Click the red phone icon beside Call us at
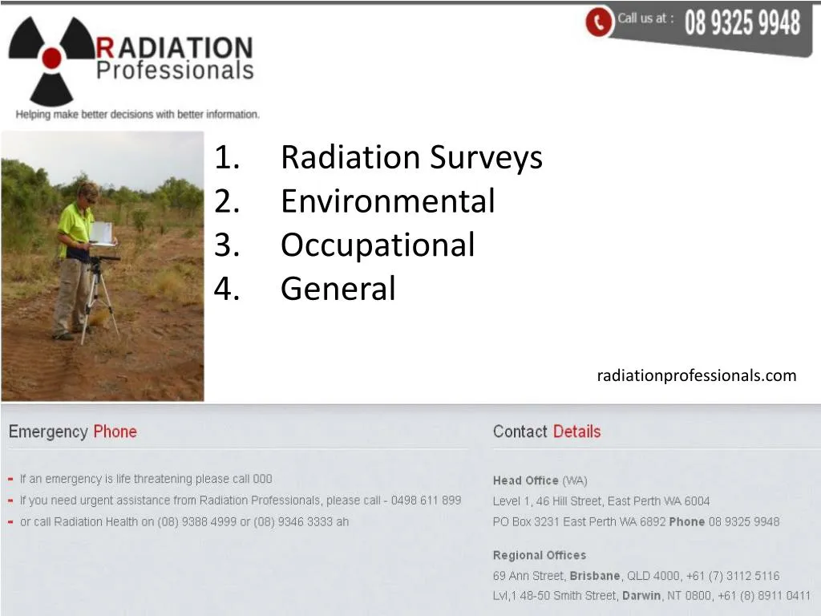coord(598,22)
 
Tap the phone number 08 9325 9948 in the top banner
coord(742,23)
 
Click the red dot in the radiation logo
coord(52,57)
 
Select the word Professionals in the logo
coord(175,71)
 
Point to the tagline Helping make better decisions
coord(137,115)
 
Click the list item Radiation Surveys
coord(411,157)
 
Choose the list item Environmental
coord(387,201)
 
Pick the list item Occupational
coord(378,245)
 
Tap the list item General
coord(338,288)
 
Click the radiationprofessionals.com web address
coord(696,375)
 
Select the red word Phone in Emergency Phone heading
coord(115,432)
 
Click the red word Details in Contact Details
coord(576,432)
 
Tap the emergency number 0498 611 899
coord(426,500)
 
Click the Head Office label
coord(525,480)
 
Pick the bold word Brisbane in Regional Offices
coord(594,576)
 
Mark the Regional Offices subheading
coord(539,555)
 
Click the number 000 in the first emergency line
coord(262,479)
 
